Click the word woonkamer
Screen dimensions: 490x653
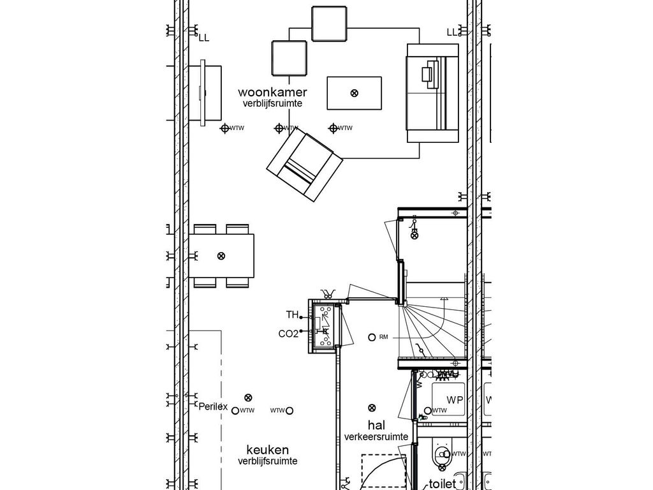(272, 93)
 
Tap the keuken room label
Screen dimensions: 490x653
(268, 450)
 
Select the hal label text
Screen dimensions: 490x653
(376, 425)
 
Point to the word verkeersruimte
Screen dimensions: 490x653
(376, 437)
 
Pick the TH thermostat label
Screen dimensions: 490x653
(292, 315)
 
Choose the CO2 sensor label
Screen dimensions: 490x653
(288, 334)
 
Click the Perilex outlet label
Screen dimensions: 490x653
(213, 406)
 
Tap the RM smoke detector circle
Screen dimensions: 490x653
(372, 337)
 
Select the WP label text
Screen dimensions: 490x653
(455, 400)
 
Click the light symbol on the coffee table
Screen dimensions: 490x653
(355, 93)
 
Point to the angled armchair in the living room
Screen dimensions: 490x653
(305, 166)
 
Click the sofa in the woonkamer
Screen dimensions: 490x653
(433, 94)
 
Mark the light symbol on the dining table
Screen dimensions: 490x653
(221, 256)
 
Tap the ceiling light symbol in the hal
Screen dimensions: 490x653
(372, 408)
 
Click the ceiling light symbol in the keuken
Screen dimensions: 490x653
(248, 397)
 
